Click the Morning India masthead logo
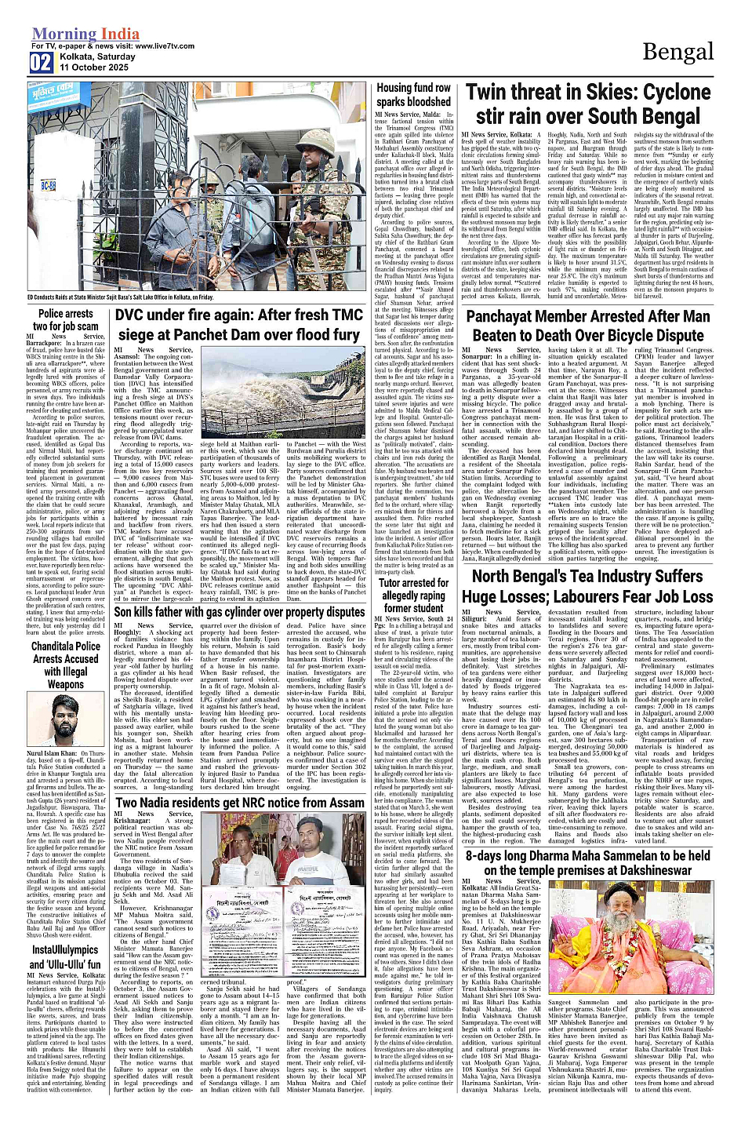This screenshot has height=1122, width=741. (85, 34)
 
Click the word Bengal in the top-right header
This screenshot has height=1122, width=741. (677, 53)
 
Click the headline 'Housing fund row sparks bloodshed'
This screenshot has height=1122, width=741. (413, 95)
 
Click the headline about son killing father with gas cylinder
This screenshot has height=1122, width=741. (239, 611)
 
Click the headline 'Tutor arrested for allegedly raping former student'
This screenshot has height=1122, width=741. (413, 596)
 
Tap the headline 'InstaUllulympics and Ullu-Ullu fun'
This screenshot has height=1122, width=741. (66, 956)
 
